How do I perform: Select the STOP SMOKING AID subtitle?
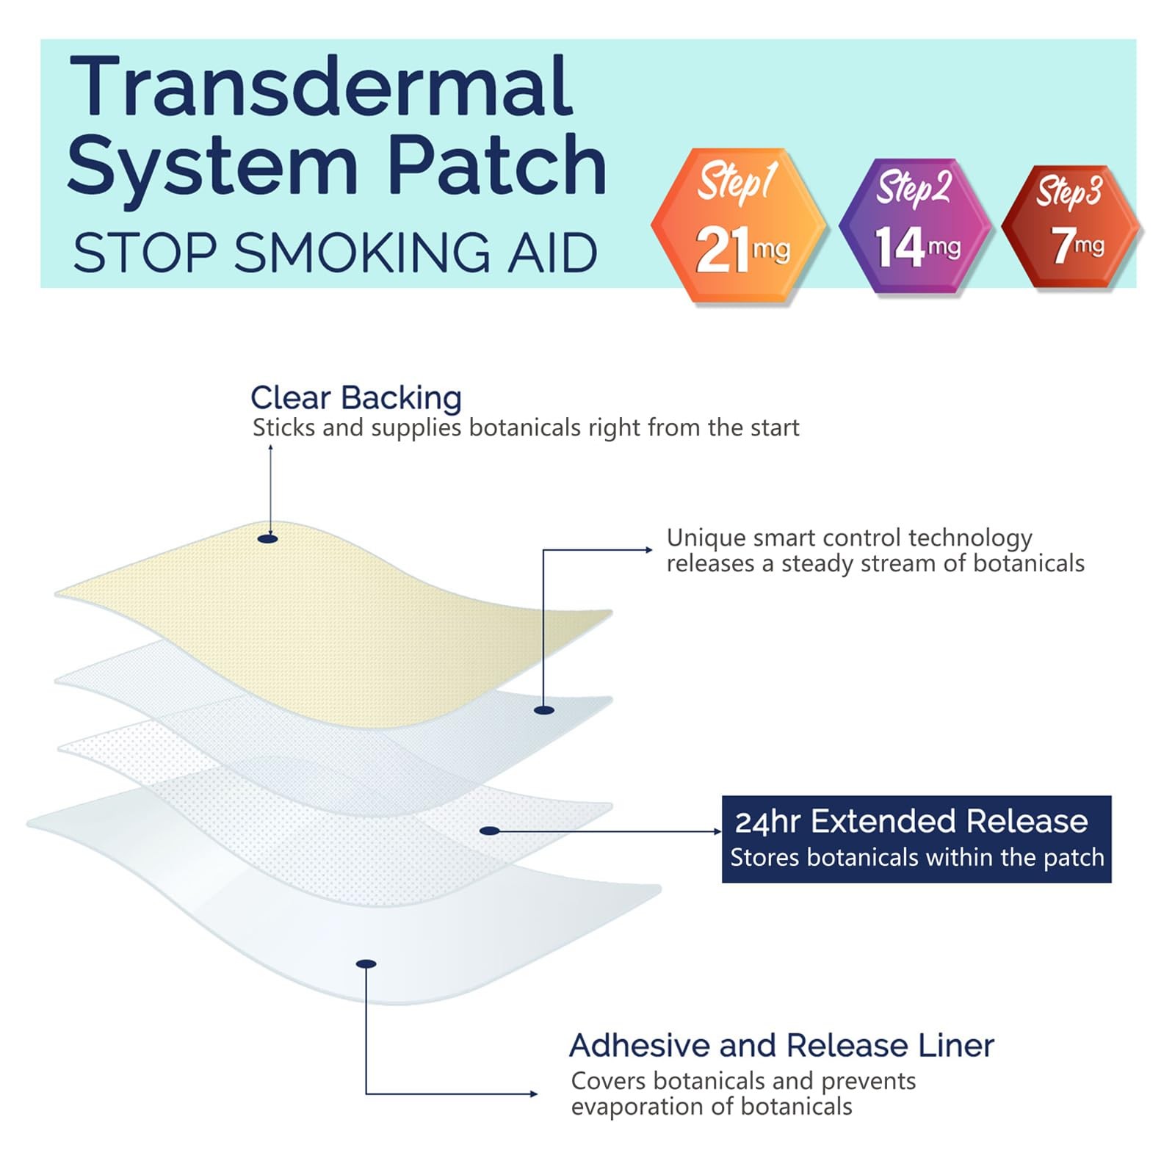(x=335, y=253)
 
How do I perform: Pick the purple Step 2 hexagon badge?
(x=914, y=225)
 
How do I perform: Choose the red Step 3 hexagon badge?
(x=1071, y=228)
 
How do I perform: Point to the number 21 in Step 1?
(x=723, y=250)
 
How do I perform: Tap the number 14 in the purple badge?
(x=899, y=247)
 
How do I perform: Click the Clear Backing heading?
(x=356, y=398)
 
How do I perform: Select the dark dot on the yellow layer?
(x=268, y=539)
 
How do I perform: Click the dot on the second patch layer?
(x=543, y=709)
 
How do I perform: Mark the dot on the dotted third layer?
(x=490, y=831)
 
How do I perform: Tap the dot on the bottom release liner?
(x=366, y=963)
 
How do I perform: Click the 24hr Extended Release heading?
(x=911, y=821)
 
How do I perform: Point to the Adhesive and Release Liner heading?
(x=781, y=1045)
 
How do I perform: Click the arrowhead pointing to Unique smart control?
(x=648, y=549)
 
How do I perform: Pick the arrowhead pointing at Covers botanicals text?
(x=534, y=1094)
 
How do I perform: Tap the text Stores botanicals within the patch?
(x=916, y=857)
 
